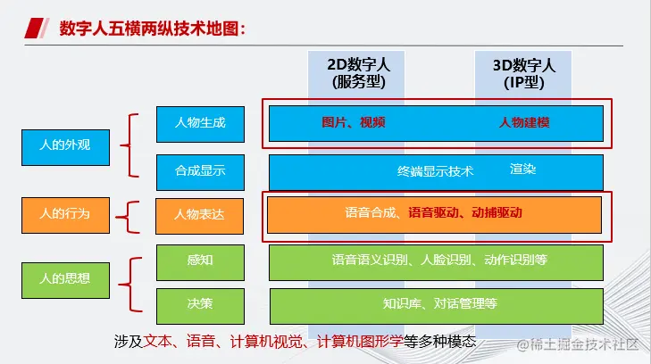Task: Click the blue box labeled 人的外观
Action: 65,147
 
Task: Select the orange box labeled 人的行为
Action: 65,215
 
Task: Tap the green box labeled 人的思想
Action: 65,280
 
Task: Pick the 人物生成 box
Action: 201,124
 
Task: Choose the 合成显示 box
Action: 201,172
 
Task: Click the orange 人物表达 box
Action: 200,216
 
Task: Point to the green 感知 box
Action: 201,262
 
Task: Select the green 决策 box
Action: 201,306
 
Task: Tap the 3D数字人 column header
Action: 524,74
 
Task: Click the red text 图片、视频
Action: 354,122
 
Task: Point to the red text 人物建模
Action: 524,122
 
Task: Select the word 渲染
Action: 522,170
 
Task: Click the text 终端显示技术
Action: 435,171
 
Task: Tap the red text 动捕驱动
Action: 497,212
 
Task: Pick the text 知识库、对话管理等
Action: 439,303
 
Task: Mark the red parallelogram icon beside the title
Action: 37,29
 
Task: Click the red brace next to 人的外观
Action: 129,145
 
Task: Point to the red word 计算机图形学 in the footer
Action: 360,341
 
